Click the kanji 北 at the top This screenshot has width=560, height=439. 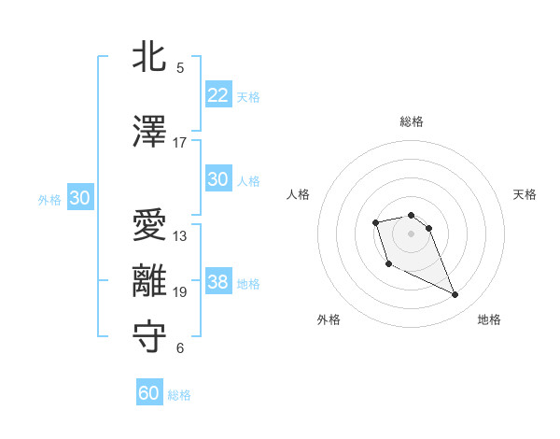[x=149, y=58]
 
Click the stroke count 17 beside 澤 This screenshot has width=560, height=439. [x=180, y=143]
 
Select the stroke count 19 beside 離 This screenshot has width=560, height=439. [x=180, y=292]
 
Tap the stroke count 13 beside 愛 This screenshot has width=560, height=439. [x=180, y=236]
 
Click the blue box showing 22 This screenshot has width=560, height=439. [x=217, y=95]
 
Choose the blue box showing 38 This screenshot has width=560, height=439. [x=217, y=282]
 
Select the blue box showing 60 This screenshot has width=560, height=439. [x=149, y=393]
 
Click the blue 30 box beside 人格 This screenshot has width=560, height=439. [x=217, y=179]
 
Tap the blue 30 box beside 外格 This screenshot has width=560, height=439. [x=79, y=198]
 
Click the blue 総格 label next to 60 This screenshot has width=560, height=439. [x=179, y=395]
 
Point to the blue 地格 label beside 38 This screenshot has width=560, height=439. [x=248, y=284]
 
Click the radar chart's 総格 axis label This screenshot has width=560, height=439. [x=412, y=121]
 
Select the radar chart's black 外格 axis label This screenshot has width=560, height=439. [x=329, y=319]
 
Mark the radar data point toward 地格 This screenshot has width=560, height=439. [x=455, y=295]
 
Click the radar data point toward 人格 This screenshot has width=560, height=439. [x=375, y=222]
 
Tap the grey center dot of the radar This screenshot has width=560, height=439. [x=412, y=233]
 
